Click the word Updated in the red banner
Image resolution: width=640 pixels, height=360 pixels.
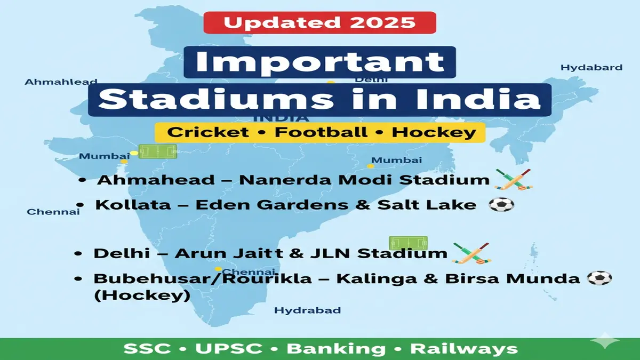point(276,22)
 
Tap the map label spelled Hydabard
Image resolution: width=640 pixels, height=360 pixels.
point(591,68)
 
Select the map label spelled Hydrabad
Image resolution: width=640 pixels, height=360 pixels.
point(307,310)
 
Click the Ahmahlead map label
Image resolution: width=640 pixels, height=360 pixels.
point(61,82)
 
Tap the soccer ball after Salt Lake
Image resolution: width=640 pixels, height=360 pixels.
point(501,205)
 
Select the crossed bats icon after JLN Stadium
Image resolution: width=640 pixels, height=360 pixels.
point(470,253)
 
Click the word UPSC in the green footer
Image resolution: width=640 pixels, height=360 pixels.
point(229,349)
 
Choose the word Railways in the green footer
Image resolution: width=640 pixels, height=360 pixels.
point(463,349)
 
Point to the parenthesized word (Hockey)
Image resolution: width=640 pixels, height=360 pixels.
point(141,295)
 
